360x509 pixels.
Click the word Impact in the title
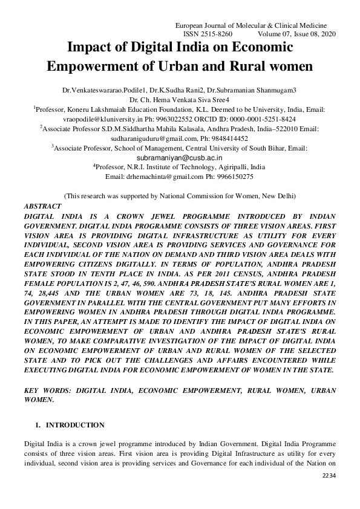point(90,47)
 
